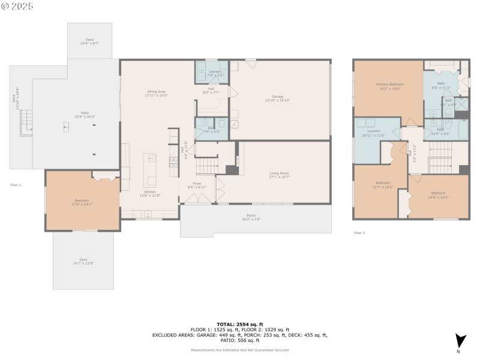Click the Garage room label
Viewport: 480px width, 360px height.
277,98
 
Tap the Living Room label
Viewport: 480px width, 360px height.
280,175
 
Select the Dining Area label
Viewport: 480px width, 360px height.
157,93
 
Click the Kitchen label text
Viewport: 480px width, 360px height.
149,193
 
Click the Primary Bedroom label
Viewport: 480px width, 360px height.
389,86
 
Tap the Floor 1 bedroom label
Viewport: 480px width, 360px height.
82,202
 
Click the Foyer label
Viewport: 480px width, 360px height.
197,185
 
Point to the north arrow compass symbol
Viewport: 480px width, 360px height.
460,341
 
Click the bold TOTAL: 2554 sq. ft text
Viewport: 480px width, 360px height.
239,324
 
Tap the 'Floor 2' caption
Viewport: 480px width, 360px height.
359,233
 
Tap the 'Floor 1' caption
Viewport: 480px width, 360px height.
16,185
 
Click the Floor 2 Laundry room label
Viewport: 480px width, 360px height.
373,133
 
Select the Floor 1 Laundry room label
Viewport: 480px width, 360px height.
215,74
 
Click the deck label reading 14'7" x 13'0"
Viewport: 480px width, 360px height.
83,262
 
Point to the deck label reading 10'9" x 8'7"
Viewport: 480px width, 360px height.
89,41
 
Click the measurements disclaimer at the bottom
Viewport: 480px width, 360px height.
239,350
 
